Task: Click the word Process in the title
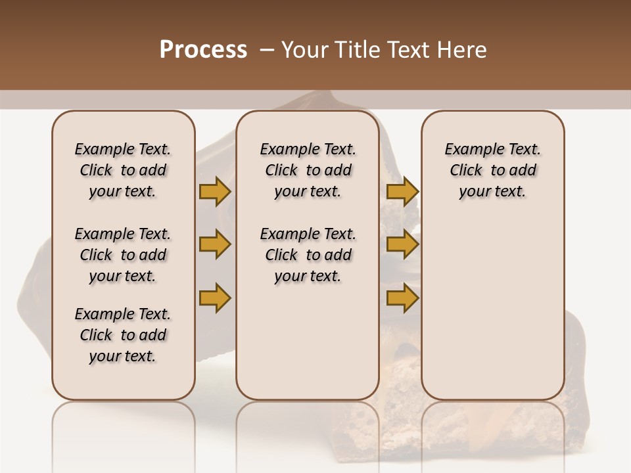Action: (203, 50)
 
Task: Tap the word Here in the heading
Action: (461, 50)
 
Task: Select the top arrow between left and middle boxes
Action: (214, 191)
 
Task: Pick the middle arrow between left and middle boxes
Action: (214, 244)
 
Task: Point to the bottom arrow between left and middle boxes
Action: (214, 298)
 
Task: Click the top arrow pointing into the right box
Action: (402, 191)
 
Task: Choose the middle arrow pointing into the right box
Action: (402, 244)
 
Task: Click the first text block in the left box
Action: (123, 170)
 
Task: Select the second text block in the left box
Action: (123, 255)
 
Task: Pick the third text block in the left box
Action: (123, 335)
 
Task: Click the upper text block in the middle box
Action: (308, 170)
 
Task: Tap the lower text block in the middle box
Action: (308, 255)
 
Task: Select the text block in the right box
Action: (492, 170)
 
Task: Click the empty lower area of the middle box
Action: (308, 342)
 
